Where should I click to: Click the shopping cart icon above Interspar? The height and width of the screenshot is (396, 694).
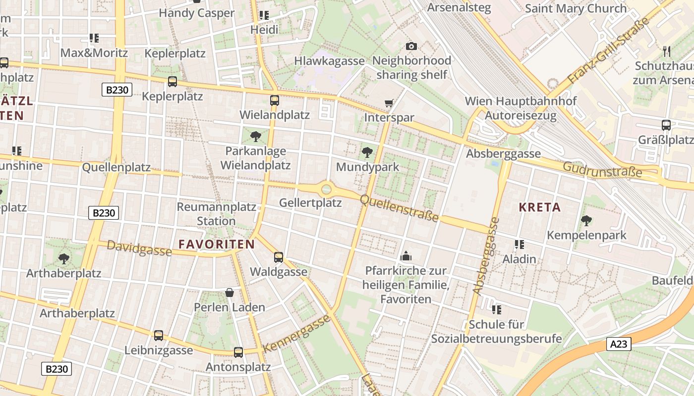(389, 103)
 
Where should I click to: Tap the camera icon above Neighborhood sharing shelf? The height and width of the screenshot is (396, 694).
(411, 46)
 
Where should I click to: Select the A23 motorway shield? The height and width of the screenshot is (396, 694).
(618, 344)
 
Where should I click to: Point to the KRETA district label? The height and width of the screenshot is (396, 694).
(540, 207)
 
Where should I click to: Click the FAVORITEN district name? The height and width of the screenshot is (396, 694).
(217, 244)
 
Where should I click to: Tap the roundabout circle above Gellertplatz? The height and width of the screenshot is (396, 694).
(326, 189)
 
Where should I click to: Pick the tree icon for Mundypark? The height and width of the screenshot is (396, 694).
(367, 152)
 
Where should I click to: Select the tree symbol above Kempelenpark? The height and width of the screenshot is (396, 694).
(586, 220)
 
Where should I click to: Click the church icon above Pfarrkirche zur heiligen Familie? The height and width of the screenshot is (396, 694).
(405, 256)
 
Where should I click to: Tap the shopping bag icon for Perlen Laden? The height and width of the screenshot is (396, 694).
(229, 293)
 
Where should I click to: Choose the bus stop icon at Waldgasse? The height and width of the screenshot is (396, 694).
(279, 257)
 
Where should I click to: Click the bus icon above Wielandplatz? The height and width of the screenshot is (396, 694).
(274, 100)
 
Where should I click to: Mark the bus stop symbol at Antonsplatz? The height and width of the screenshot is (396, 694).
(238, 352)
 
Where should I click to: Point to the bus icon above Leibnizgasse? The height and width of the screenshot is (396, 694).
(158, 335)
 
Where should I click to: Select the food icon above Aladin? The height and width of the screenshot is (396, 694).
(519, 244)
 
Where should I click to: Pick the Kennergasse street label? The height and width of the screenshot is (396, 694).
(297, 333)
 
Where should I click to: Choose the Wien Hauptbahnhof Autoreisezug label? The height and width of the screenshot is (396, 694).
(520, 108)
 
